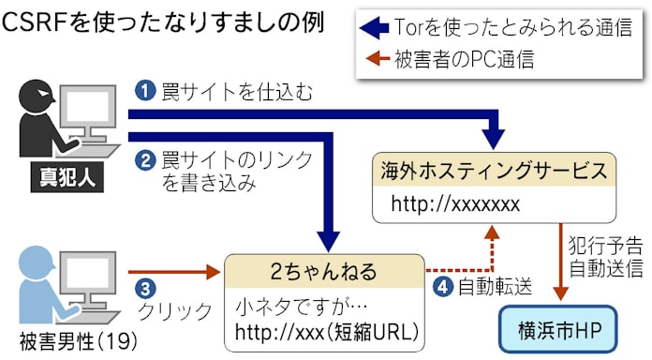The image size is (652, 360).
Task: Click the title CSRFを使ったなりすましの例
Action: click(164, 22)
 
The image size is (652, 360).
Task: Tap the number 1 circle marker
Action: click(143, 91)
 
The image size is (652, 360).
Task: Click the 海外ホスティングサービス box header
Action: click(494, 172)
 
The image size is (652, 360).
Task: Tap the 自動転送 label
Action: click(491, 288)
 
